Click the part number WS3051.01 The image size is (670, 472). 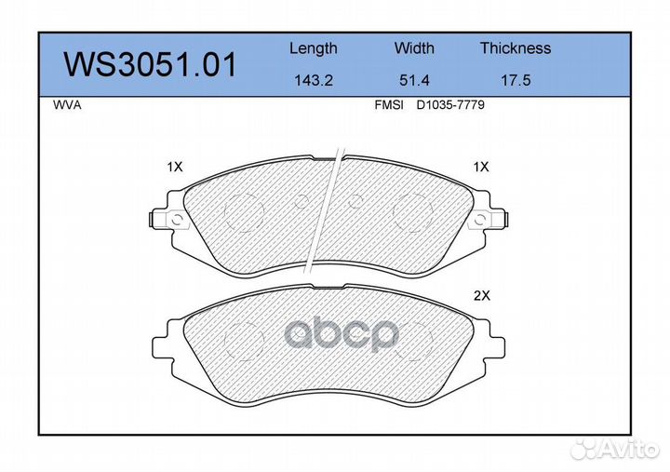click(x=149, y=65)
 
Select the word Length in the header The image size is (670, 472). click(x=313, y=48)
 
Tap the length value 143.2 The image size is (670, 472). click(x=313, y=80)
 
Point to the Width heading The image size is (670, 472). click(x=414, y=48)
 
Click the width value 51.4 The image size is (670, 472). click(x=414, y=80)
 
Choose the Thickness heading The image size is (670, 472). click(x=515, y=48)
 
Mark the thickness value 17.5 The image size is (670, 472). click(x=515, y=80)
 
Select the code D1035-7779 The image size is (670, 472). click(x=450, y=106)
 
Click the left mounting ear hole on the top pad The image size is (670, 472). click(x=174, y=221)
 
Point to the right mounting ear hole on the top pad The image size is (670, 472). click(x=479, y=221)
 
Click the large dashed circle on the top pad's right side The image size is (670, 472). click(x=410, y=213)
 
